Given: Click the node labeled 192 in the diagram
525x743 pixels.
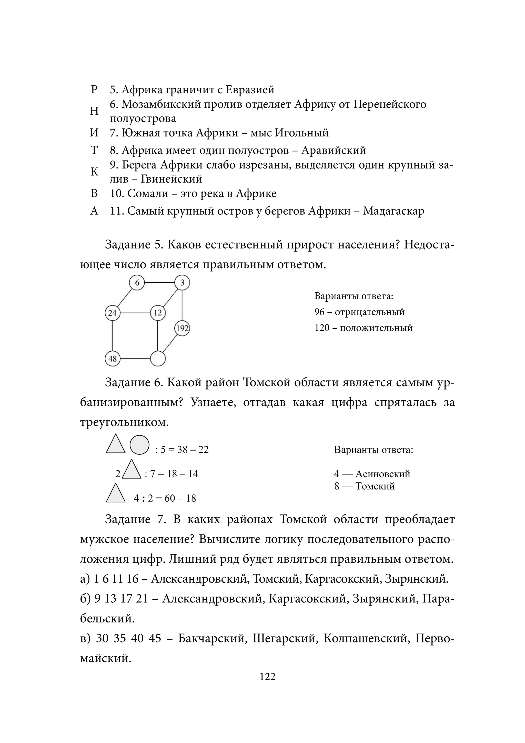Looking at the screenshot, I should point(182,329).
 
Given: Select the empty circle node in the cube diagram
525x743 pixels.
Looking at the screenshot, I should point(158,359).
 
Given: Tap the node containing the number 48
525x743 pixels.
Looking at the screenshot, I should point(113,359).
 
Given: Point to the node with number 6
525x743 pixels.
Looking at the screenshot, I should point(137,283).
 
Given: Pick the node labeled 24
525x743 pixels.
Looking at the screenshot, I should point(112,313).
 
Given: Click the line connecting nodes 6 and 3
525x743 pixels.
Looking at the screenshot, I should point(159,283).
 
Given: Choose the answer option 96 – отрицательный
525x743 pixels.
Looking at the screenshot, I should point(359,312).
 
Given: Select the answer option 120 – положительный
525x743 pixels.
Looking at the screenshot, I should point(364,328).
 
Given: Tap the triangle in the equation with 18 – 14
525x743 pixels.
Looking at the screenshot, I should point(132,470).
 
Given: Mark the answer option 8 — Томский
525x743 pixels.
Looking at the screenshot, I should point(365,486).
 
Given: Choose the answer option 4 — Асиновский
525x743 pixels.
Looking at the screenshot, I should point(372,474).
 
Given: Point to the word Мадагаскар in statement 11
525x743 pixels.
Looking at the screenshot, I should point(393,211).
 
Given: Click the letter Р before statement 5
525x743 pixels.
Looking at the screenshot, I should point(94,90).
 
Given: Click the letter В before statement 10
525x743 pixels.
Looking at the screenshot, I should point(94,194).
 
